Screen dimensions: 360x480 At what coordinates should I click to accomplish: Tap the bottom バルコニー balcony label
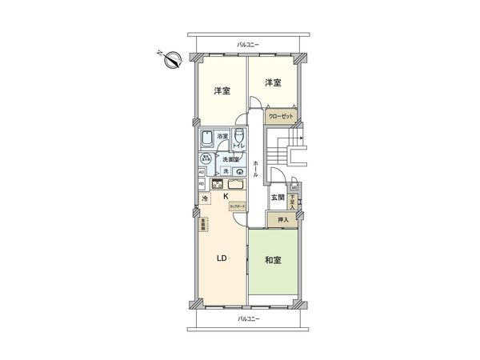click(248, 319)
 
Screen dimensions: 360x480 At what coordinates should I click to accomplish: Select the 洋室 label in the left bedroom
click(222, 90)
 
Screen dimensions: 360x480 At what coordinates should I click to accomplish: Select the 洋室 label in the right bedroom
click(274, 82)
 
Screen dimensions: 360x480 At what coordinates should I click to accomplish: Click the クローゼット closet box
click(281, 117)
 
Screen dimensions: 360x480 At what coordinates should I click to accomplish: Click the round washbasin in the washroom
click(239, 172)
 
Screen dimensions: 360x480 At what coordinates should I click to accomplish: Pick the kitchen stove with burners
click(216, 185)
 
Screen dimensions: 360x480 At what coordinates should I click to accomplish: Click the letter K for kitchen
click(226, 197)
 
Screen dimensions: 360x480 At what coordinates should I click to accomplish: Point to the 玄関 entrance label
click(277, 198)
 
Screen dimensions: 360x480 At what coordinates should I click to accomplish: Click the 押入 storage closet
click(282, 218)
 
